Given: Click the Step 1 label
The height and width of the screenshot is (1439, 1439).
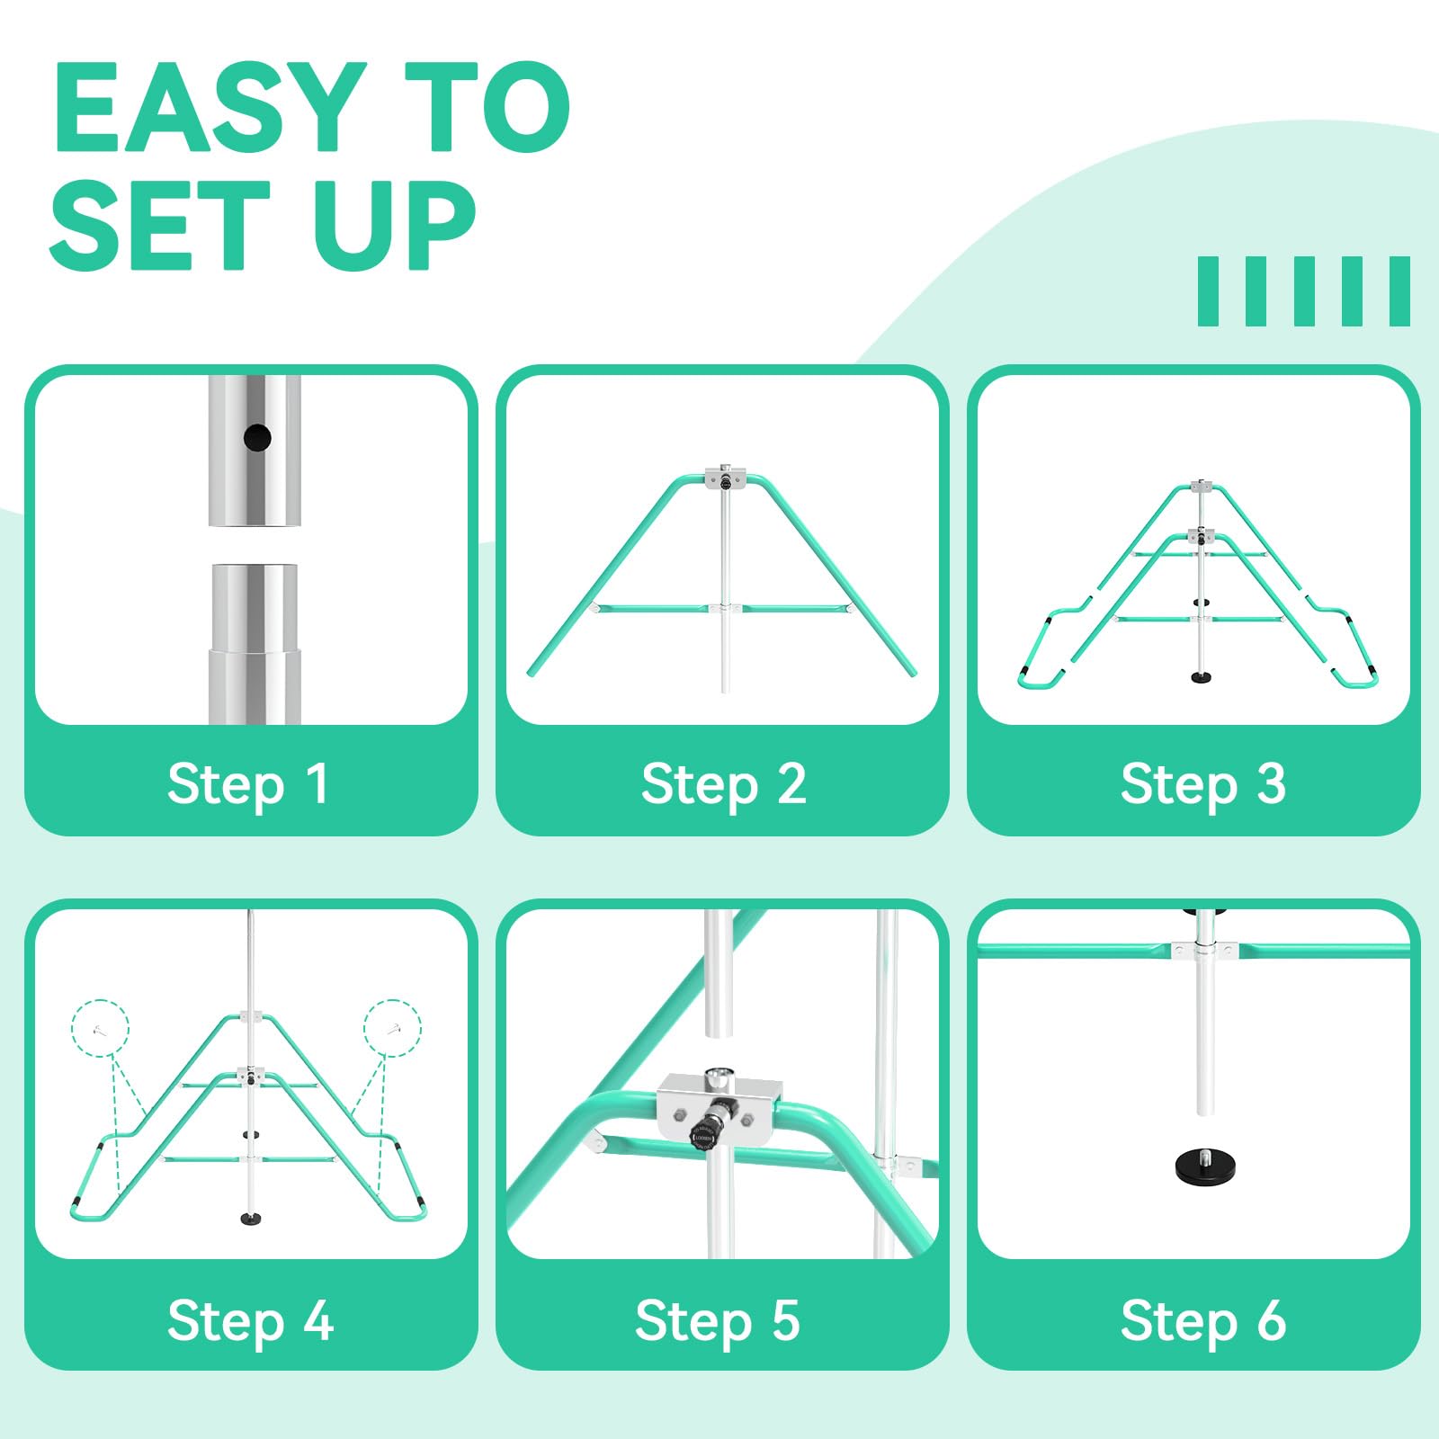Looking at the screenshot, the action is [x=248, y=784].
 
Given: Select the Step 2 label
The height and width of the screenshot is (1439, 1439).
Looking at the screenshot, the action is [x=723, y=784].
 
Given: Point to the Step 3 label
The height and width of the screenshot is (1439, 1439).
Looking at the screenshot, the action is [x=1202, y=784].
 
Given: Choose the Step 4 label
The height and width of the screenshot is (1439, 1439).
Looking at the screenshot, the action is [x=250, y=1320].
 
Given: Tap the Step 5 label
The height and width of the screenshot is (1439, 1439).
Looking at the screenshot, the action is [x=718, y=1320].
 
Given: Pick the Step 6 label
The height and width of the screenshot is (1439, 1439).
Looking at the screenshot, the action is [x=1202, y=1320].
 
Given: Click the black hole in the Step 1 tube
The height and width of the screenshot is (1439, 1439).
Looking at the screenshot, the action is [x=257, y=438].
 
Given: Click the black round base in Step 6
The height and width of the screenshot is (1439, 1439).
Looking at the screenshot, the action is [x=1205, y=1166].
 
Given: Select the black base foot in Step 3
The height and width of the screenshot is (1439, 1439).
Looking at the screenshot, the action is [x=1200, y=676].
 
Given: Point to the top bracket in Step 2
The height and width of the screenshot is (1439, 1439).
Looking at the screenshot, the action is [x=726, y=478].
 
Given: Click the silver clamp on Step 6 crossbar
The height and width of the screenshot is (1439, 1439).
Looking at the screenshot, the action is [x=1204, y=951].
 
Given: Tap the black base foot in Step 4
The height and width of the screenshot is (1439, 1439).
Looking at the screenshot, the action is [x=251, y=1219].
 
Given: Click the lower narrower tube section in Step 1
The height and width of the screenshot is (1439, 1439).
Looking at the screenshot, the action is [x=253, y=687].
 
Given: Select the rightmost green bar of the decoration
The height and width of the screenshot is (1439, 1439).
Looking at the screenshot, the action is [x=1399, y=291].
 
